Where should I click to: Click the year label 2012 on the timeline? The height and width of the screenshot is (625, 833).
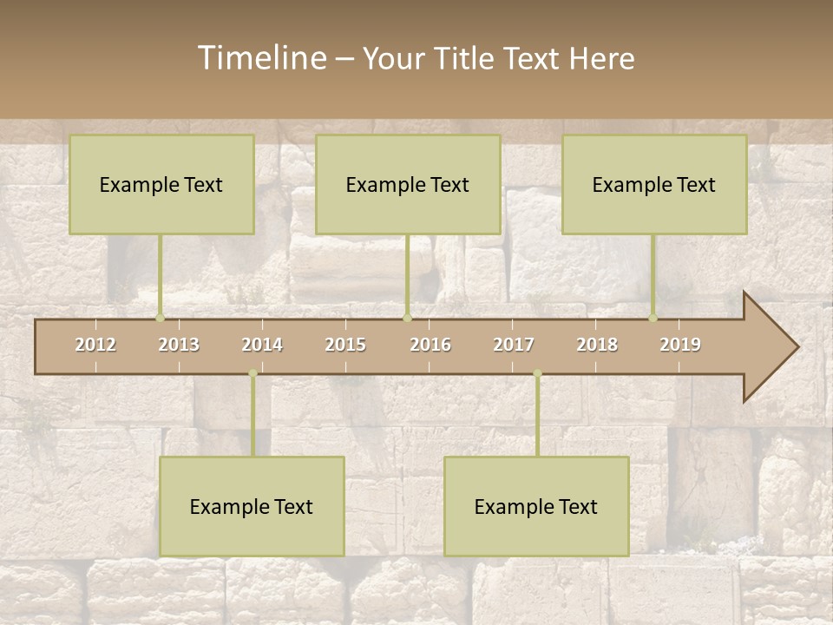95,345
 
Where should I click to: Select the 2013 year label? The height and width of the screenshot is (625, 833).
179,345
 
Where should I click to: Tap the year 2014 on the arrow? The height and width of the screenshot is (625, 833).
262,345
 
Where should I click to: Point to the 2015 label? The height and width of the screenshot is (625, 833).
345,345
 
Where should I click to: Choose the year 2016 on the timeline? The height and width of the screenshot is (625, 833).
430,345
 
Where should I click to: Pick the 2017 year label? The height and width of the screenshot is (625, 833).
514,345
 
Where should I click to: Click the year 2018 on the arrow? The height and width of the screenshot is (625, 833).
597,345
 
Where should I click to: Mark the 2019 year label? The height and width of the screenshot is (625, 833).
680,345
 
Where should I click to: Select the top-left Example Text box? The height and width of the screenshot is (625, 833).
161,184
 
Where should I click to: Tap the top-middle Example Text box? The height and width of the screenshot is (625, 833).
408,184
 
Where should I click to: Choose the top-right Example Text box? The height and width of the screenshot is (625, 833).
654,184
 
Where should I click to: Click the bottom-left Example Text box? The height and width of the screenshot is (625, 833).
252,506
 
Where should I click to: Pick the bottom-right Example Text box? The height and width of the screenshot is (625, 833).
536,506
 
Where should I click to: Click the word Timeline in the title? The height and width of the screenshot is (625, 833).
261,58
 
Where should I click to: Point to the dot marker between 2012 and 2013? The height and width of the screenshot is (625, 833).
160,318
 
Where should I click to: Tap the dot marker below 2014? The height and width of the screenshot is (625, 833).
253,373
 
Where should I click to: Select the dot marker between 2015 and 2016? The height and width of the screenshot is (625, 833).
408,318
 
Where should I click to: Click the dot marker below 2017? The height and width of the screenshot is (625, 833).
537,373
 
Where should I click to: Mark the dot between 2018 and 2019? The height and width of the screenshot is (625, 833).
653,318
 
